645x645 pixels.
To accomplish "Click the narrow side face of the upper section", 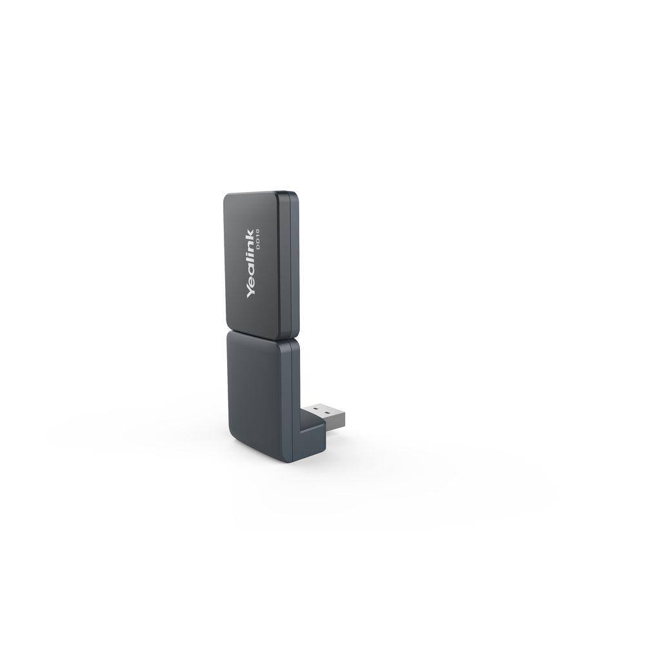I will [x=294, y=264].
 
